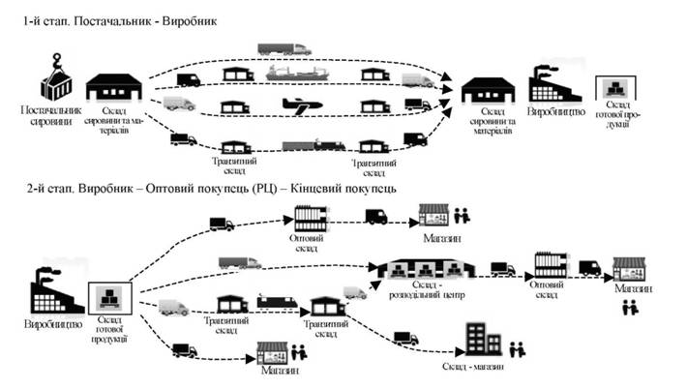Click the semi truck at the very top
[x=284, y=47]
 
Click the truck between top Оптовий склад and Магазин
[x=375, y=218]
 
